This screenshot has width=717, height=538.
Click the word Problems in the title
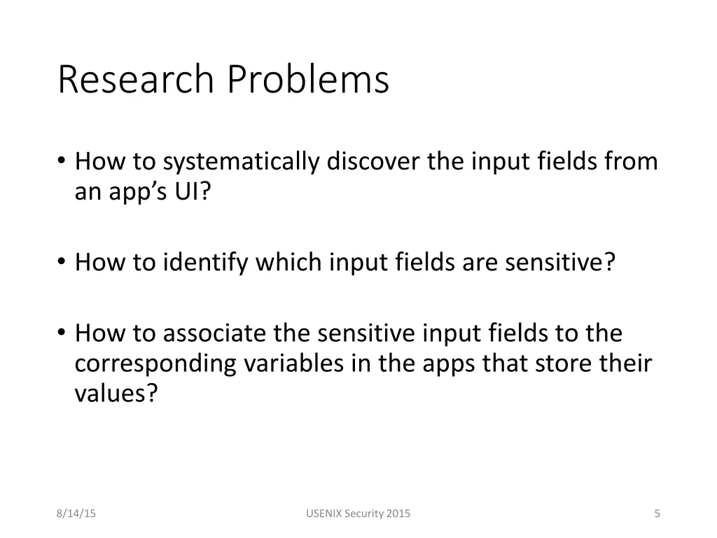[307, 79]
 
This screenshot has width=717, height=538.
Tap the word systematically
[242, 162]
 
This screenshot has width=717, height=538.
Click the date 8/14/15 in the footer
[76, 513]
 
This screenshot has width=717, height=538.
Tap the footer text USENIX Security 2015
[358, 513]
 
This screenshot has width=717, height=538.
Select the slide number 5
[657, 513]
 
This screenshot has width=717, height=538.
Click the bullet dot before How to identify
[62, 263]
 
